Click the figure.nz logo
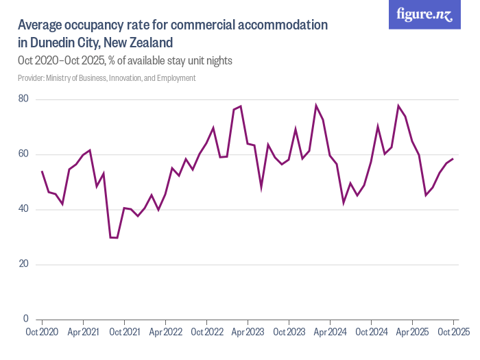(424, 15)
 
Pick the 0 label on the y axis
(25, 319)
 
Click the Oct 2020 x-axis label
(42, 333)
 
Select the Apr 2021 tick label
(83, 333)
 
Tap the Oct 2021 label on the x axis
(124, 333)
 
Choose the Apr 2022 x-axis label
(165, 333)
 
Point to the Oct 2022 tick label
(206, 333)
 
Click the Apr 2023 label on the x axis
(248, 333)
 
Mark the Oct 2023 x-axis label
(289, 333)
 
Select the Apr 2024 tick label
(330, 333)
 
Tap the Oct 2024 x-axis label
(371, 333)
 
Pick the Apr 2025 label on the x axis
(412, 333)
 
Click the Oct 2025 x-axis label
(453, 333)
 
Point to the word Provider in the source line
(32, 78)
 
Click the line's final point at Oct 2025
(453, 159)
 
